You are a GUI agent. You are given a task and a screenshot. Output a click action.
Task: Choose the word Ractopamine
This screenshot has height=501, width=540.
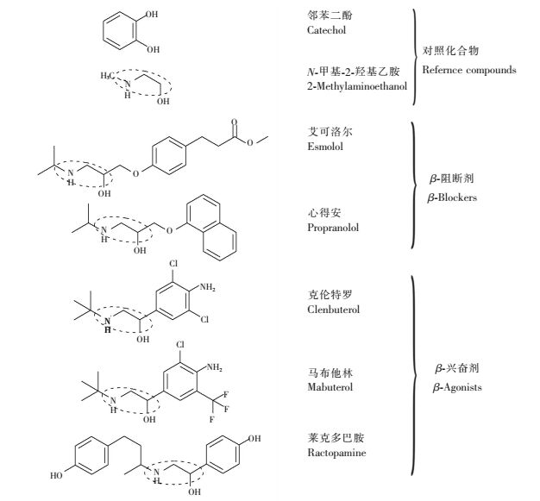pos(336,454)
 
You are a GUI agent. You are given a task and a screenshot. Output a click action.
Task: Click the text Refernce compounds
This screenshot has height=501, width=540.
pos(470,70)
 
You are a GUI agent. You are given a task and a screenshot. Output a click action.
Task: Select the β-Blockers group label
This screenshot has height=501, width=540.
pos(453,197)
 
